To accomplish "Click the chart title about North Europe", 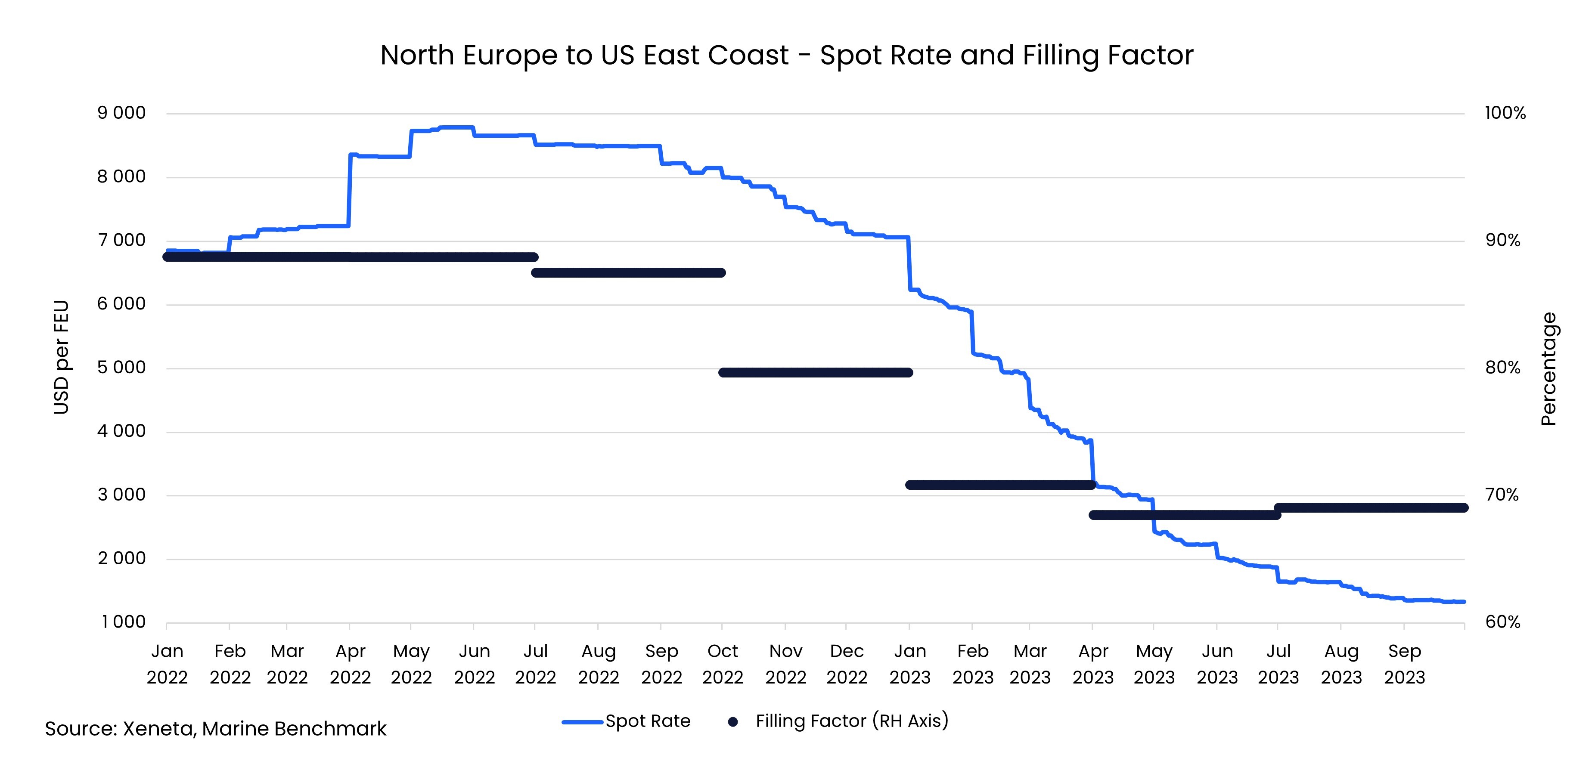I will [x=786, y=55].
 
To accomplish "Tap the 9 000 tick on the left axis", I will [x=121, y=113].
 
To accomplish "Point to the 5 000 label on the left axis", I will [x=121, y=368].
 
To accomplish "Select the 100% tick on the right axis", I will [x=1505, y=113].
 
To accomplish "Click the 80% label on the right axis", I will [x=1502, y=368].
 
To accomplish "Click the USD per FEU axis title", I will [x=61, y=357].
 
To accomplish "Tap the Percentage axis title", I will [x=1548, y=369].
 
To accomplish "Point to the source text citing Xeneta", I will [x=215, y=729].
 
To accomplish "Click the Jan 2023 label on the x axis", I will [x=909, y=664].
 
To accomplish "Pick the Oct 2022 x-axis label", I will [x=723, y=664].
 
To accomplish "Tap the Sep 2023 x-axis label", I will [x=1404, y=664].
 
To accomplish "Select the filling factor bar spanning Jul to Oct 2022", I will [x=628, y=272].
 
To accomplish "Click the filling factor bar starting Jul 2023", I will [x=1370, y=507].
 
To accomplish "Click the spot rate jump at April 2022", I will [x=350, y=189].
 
